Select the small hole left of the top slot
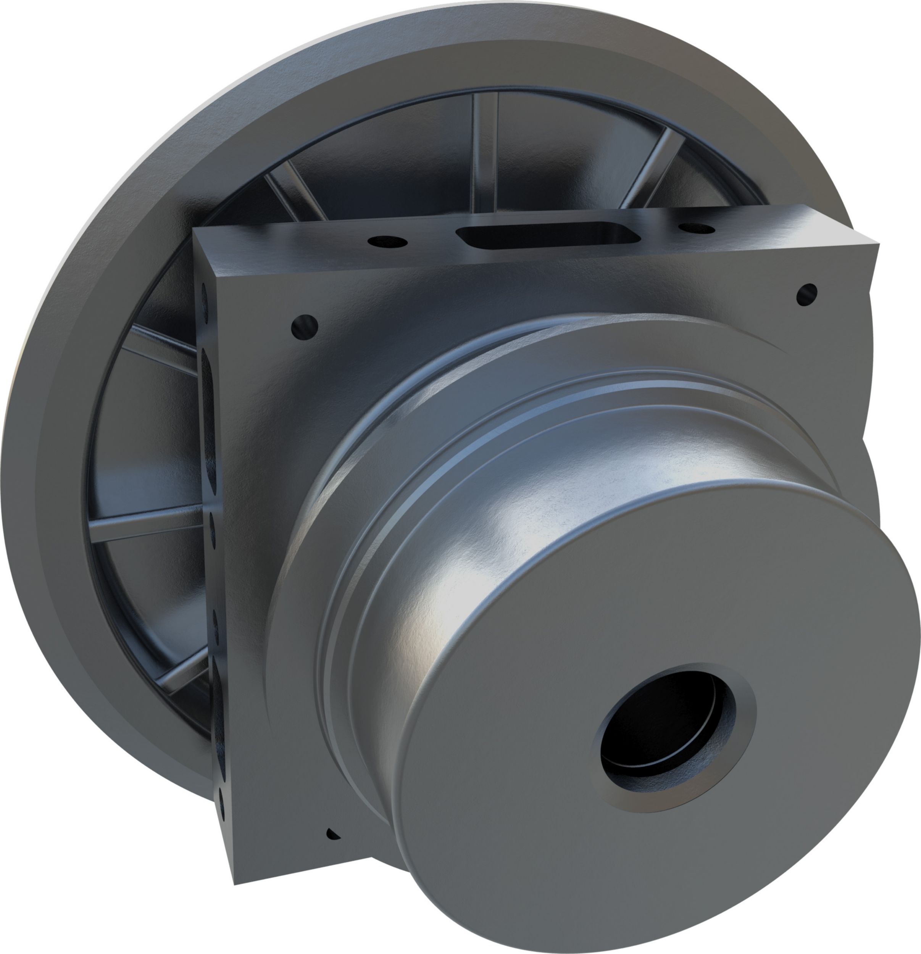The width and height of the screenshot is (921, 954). coord(387,240)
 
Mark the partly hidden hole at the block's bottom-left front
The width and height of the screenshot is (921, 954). coord(332,834)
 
